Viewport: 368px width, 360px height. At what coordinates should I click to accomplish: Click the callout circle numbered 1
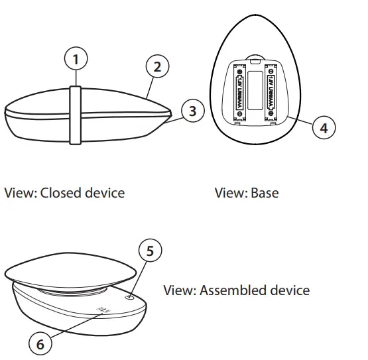coord(76,60)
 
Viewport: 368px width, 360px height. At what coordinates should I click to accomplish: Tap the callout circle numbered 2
coord(156,66)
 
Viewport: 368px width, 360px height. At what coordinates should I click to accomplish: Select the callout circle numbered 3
coord(192,111)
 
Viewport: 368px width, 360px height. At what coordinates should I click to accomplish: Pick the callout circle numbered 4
coord(323,128)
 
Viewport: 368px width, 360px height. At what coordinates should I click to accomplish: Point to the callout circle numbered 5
coord(150,251)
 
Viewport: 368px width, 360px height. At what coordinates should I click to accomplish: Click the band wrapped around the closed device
coord(76,114)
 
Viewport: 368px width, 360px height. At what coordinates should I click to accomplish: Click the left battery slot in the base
coord(239,90)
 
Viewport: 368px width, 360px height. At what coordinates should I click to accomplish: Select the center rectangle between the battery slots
coord(255,90)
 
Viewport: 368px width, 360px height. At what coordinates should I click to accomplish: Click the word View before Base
coord(230,193)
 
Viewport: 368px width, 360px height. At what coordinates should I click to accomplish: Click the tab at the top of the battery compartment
coord(255,60)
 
